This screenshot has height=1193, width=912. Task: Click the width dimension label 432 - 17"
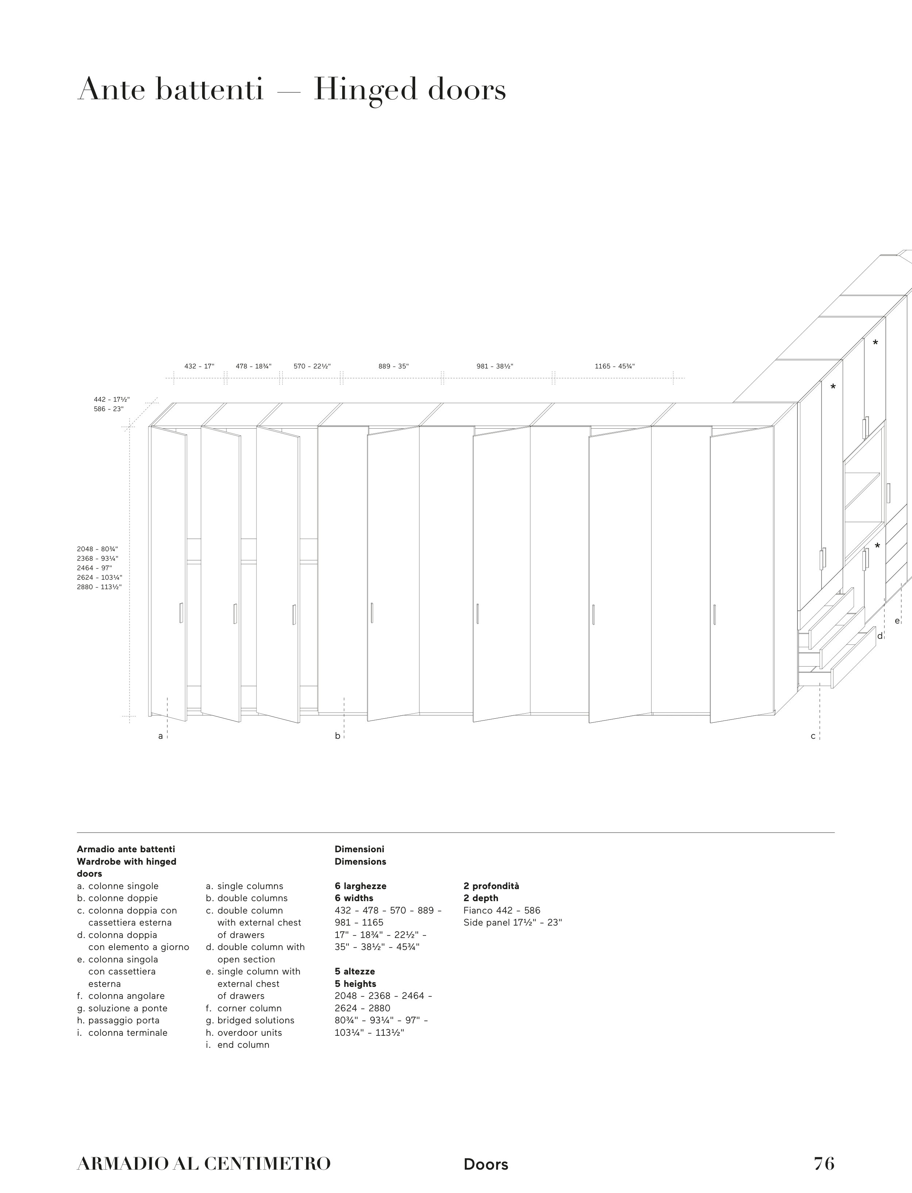click(199, 366)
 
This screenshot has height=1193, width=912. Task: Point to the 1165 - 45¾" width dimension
click(615, 366)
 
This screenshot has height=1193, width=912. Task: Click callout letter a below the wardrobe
click(160, 737)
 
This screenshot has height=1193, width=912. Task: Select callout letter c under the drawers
click(813, 737)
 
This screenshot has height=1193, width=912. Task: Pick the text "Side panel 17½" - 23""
click(513, 923)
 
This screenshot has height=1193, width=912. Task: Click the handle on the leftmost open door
click(181, 613)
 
